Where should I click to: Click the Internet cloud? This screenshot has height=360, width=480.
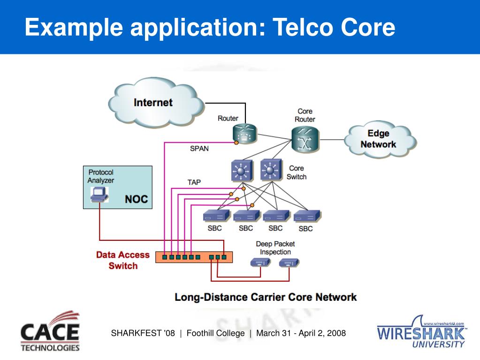click(x=156, y=102)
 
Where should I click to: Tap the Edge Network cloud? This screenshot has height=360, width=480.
click(x=380, y=139)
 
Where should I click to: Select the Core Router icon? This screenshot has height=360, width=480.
click(x=305, y=139)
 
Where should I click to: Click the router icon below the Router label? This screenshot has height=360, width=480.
click(x=244, y=133)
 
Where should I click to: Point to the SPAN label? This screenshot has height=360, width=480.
click(x=199, y=148)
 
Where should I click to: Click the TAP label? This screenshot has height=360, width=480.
click(x=194, y=183)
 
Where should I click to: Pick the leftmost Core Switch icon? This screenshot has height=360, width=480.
click(x=242, y=170)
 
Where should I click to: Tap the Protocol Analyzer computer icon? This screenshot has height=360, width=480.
click(x=99, y=194)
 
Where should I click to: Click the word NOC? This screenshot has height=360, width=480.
click(x=136, y=199)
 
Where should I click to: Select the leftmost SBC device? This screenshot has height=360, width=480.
click(x=216, y=216)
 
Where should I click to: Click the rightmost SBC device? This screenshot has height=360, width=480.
click(x=307, y=216)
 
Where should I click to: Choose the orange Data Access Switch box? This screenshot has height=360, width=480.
click(x=194, y=257)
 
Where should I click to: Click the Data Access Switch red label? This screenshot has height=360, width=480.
click(x=123, y=260)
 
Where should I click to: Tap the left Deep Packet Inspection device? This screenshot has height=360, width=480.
click(x=260, y=262)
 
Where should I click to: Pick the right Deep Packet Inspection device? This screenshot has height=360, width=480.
click(x=290, y=263)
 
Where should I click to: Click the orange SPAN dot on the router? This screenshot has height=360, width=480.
click(x=236, y=143)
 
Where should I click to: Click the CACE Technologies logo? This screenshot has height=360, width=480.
click(x=50, y=332)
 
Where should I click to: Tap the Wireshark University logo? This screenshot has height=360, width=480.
click(x=422, y=332)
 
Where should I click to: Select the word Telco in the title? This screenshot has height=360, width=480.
click(x=303, y=27)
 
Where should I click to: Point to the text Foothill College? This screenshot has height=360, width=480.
click(x=215, y=333)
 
